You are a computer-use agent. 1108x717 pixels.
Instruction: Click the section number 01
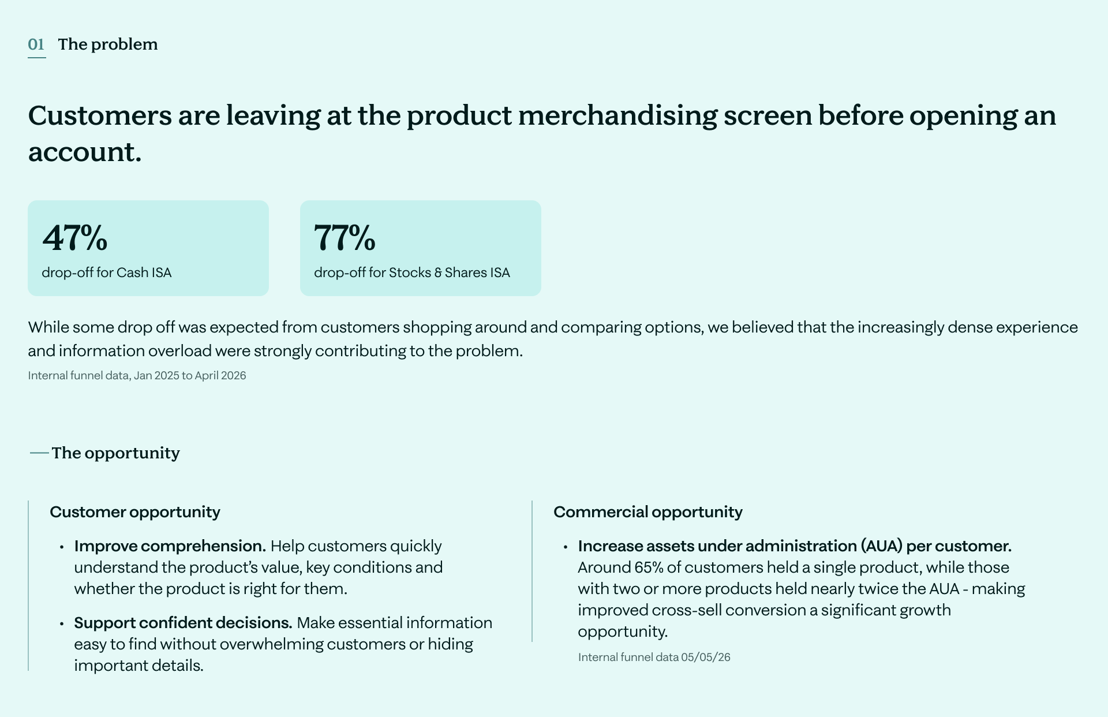click(x=36, y=44)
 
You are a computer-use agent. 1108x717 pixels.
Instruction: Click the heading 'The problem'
click(x=108, y=44)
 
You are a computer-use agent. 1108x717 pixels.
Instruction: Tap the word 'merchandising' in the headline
click(x=617, y=115)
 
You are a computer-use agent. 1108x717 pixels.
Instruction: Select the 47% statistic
click(x=75, y=237)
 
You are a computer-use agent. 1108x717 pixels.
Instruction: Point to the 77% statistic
click(x=345, y=237)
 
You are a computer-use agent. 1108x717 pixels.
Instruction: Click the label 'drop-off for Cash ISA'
click(x=107, y=272)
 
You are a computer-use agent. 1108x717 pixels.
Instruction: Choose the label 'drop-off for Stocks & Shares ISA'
click(x=412, y=272)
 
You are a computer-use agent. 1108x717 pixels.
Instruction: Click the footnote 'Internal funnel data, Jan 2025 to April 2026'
click(x=137, y=376)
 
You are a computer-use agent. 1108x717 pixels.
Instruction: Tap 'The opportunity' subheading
click(x=116, y=453)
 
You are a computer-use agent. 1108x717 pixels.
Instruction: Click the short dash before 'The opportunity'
click(x=39, y=453)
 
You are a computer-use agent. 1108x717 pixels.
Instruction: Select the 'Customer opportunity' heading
click(x=135, y=512)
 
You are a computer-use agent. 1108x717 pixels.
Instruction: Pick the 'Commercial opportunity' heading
click(x=648, y=512)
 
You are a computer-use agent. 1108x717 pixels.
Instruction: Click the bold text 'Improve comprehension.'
click(x=170, y=546)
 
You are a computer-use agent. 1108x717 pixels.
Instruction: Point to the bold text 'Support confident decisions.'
click(x=184, y=623)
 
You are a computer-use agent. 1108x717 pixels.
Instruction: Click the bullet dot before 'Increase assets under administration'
click(x=566, y=547)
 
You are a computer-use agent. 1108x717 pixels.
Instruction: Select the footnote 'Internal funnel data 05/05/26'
click(x=654, y=658)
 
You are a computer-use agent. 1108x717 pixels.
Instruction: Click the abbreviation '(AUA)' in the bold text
click(x=881, y=546)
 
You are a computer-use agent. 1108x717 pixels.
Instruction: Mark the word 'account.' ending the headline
click(x=85, y=152)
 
